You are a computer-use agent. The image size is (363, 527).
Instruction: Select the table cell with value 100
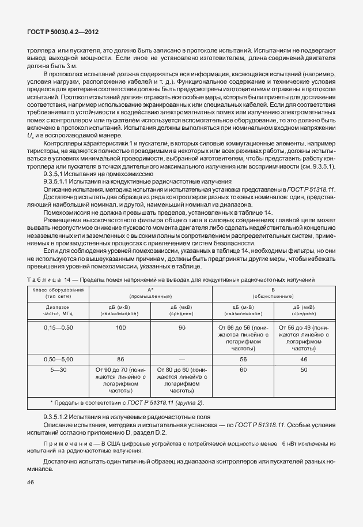coord(120,327)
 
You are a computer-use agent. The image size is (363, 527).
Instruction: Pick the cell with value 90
coord(182,327)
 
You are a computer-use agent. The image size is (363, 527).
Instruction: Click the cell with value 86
coord(120,358)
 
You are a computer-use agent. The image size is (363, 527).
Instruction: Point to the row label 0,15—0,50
coord(58,327)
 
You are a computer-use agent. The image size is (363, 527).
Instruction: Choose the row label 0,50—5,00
coord(58,358)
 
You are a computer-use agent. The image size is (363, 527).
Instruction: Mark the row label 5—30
coord(58,368)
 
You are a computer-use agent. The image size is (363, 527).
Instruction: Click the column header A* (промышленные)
coord(151,291)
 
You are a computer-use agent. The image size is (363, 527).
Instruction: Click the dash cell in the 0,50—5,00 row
coord(182,358)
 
